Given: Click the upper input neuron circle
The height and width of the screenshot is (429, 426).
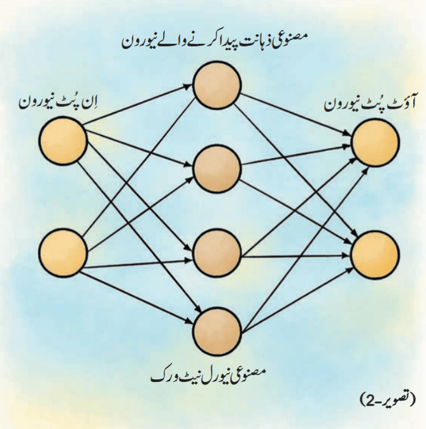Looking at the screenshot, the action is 63,140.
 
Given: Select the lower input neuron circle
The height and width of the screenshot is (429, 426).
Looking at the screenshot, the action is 63,252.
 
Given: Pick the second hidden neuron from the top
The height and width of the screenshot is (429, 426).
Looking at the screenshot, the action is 217,169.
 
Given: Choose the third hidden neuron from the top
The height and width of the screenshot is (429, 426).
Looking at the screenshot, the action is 217,252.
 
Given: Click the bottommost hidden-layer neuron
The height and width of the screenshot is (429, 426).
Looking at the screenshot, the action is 217,331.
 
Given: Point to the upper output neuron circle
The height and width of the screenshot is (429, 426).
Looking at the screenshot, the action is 375,142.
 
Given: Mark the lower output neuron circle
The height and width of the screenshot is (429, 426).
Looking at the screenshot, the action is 375,255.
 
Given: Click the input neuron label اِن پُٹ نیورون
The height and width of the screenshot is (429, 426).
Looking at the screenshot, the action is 59,102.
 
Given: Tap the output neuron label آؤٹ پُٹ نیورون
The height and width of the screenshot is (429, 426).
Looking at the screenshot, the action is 369,104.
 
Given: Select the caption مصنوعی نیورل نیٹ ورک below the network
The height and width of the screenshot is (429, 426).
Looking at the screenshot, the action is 208,376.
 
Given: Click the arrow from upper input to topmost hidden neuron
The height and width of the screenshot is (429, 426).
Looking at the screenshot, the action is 136,105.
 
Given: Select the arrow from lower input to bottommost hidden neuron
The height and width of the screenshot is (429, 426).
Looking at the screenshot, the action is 136,296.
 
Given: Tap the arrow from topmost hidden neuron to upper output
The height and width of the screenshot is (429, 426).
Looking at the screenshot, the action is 295,114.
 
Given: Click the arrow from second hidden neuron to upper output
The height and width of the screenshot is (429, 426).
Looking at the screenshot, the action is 295,155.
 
